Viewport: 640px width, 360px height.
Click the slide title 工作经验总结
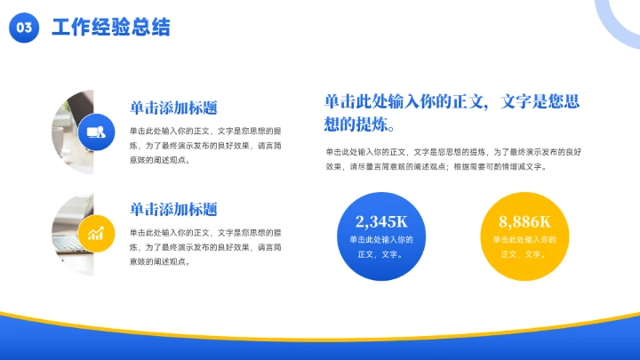coord(110,28)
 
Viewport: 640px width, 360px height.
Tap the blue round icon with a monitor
coord(93,132)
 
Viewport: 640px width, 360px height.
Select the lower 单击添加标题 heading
coord(173,210)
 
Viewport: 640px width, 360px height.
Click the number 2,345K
coord(380,221)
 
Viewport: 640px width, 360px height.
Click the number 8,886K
coord(524,221)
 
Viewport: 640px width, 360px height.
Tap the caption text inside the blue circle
coord(380,247)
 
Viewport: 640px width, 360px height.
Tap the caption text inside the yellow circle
coord(524,247)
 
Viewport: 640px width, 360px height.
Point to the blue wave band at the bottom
coord(320,342)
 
